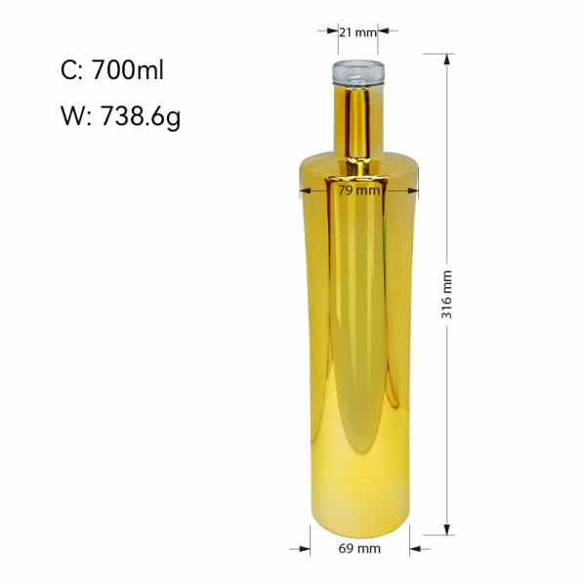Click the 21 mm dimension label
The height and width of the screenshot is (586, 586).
pos(358,32)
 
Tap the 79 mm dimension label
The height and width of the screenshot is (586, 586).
pos(358,190)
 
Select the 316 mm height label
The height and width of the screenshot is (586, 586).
pos(447,294)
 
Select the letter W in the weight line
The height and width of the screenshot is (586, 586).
pos(71,117)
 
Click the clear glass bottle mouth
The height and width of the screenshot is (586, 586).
pos(357,74)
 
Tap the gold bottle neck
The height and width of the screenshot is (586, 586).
pos(357,122)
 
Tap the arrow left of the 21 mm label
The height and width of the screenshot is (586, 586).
pos(326,31)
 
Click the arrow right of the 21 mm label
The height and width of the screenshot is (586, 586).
pos(390,31)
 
